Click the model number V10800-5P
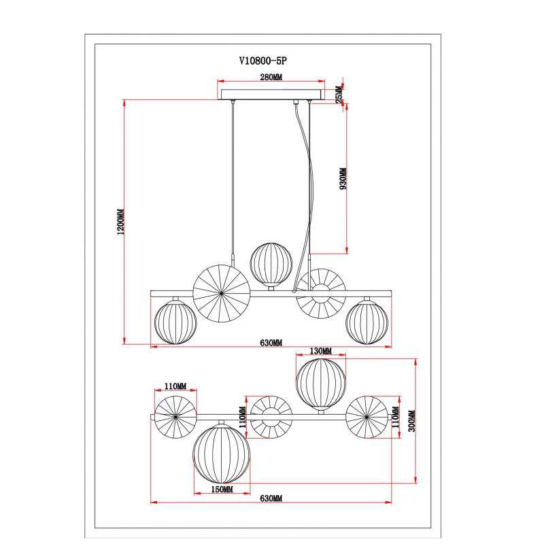(263, 61)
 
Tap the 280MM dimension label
(271, 77)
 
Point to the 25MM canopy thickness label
(339, 95)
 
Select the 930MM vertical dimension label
(343, 179)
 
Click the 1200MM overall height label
(121, 222)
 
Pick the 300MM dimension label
(412, 421)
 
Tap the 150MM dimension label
(222, 490)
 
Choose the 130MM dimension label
(320, 352)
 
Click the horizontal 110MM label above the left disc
(175, 386)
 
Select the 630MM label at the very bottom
(271, 498)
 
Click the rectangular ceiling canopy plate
(271, 95)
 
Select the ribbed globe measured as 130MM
(321, 384)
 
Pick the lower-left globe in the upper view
(175, 322)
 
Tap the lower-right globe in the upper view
(367, 322)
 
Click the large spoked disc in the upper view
(222, 294)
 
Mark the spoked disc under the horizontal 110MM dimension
(175, 417)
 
